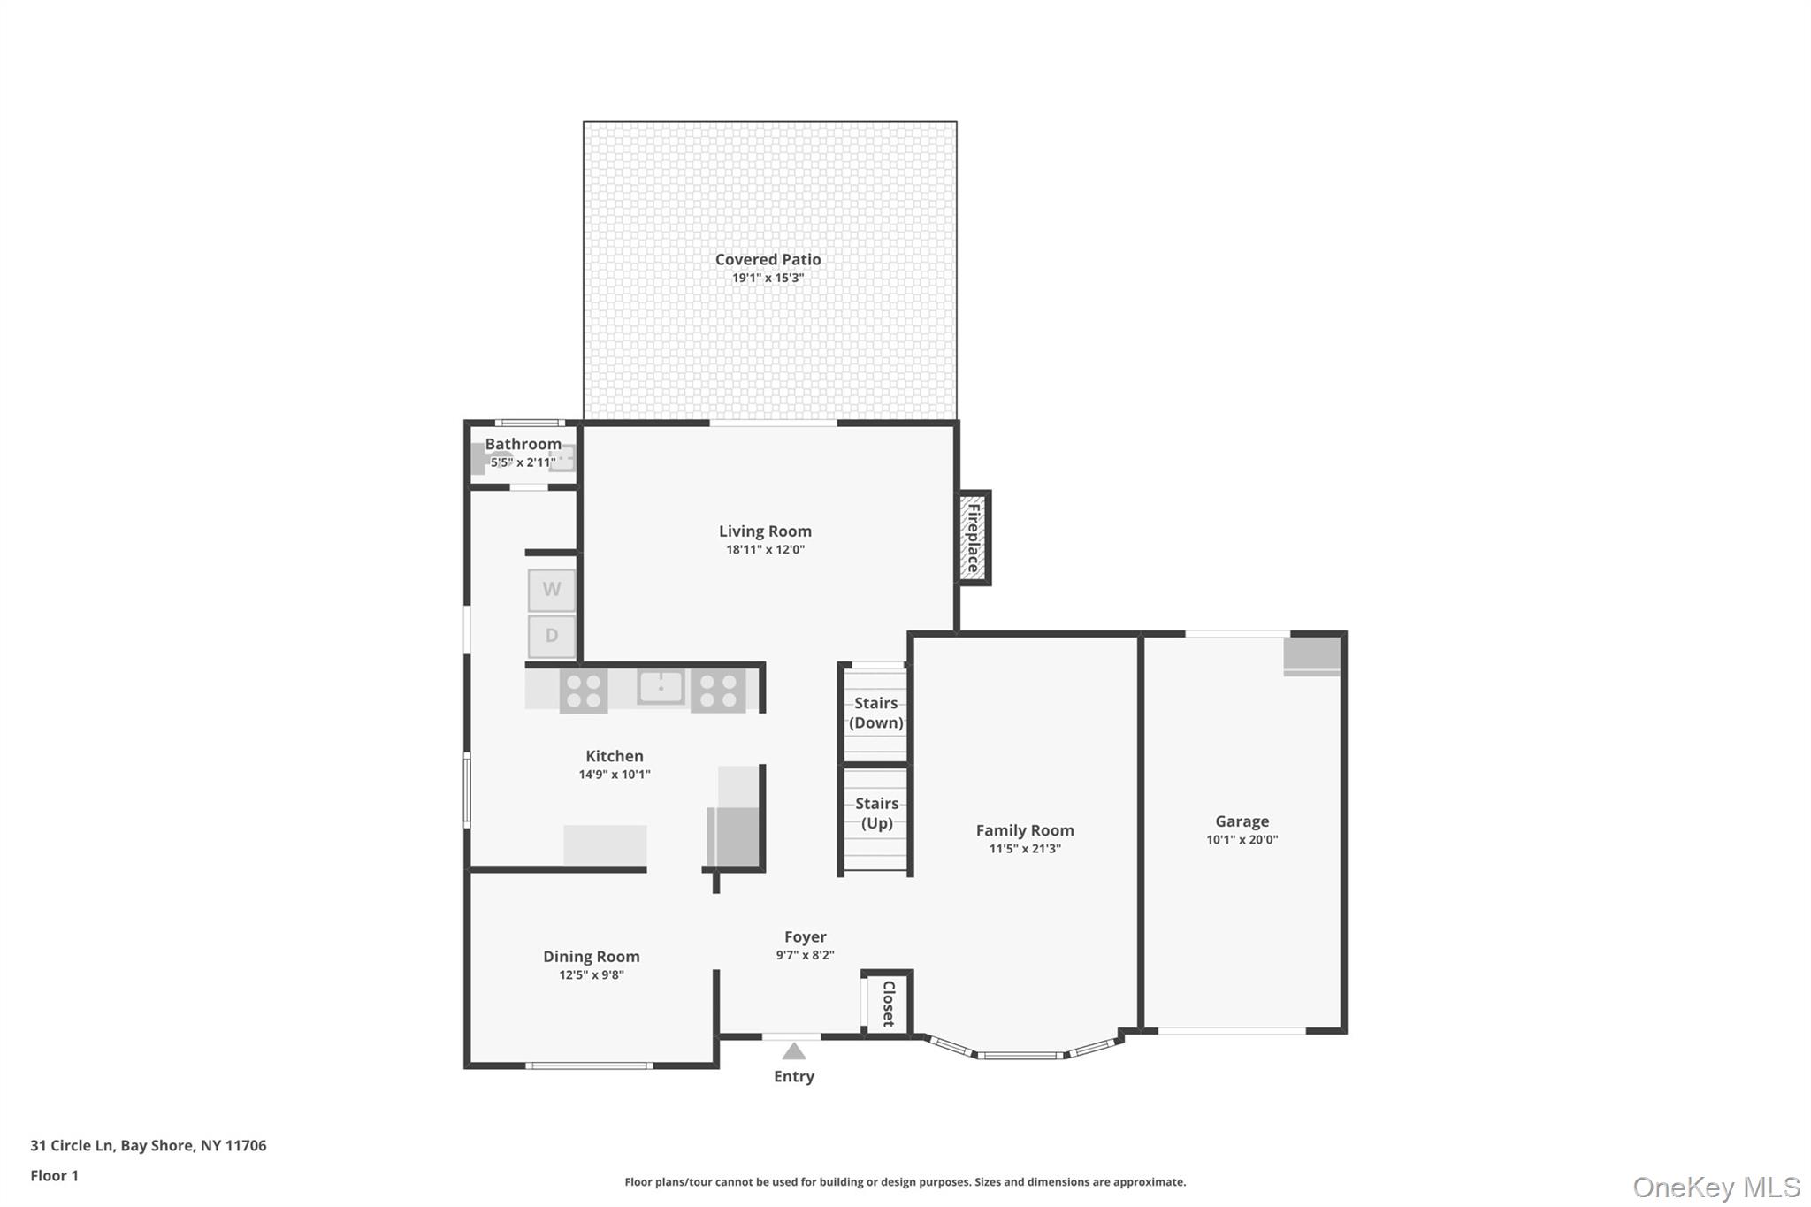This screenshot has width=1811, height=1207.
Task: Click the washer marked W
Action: (552, 590)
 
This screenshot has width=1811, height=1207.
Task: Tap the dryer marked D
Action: (552, 636)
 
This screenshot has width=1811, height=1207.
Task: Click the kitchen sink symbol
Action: (661, 687)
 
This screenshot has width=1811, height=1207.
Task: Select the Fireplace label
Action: (974, 538)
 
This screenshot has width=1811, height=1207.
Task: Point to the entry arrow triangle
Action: (794, 1050)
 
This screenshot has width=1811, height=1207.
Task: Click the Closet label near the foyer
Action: (889, 1004)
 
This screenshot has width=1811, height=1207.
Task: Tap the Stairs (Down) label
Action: (876, 713)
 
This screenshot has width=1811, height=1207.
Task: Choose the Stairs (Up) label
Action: (877, 813)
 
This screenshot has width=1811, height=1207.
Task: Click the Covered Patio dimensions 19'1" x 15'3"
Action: (768, 278)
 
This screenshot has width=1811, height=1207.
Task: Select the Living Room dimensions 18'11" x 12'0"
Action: (766, 549)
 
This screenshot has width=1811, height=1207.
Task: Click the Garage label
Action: (1242, 821)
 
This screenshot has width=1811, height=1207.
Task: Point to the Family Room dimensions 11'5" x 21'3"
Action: (1025, 849)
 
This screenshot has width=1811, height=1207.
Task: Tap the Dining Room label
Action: (592, 957)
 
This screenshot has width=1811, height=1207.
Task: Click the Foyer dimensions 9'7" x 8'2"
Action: (806, 955)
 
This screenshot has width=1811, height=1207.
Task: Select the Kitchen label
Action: (615, 756)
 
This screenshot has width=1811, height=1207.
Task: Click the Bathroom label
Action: (523, 444)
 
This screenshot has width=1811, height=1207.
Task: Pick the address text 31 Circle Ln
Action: (73, 1145)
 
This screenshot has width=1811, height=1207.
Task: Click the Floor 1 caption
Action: (55, 1175)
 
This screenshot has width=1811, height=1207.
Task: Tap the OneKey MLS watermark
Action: (1716, 1187)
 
